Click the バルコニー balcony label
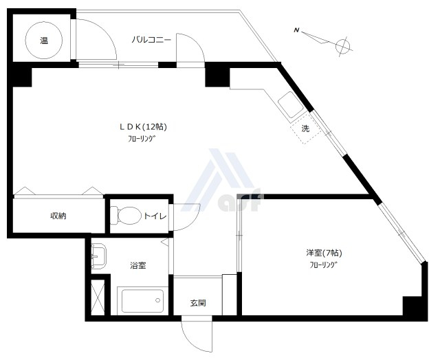pos(151,40)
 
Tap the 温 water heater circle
pos(43,41)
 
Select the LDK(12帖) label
pos(144,126)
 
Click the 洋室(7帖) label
pos(324,253)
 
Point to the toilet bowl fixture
pos(124,215)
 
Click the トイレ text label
pos(155,216)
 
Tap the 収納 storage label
pos(58,216)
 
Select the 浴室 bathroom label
pos(137,265)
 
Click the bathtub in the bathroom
pos(142,301)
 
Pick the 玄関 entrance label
pos(198,303)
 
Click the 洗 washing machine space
pos(305,128)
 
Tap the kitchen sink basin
pos(291,104)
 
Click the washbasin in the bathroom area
pos(98,256)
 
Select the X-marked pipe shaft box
pos(98,297)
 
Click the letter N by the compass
pos(296,30)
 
